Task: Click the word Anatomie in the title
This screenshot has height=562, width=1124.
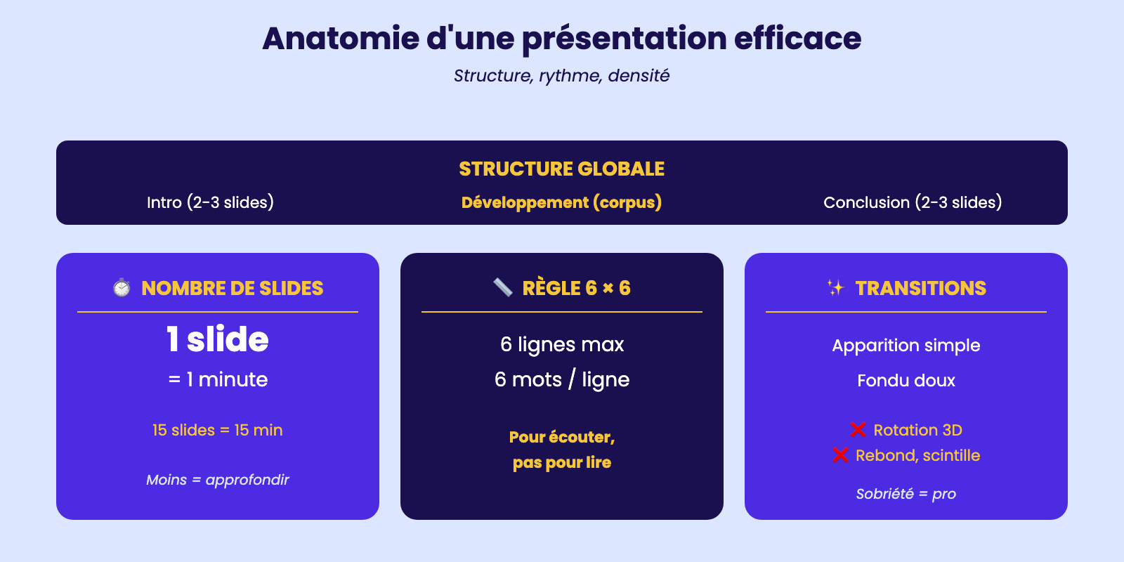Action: click(x=341, y=39)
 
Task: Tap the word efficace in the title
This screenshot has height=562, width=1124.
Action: click(x=798, y=39)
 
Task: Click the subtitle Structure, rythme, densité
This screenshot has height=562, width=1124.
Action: click(x=561, y=76)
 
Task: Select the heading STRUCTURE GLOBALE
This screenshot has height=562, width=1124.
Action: click(x=561, y=169)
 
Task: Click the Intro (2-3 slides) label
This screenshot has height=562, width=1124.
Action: click(x=210, y=202)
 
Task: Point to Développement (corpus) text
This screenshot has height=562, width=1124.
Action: click(x=561, y=202)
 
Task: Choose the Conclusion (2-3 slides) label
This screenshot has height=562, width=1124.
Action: click(x=913, y=202)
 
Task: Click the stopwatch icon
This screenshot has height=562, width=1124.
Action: click(x=122, y=288)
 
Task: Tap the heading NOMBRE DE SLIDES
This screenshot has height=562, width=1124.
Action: click(x=233, y=288)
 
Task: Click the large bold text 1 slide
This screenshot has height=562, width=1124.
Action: click(x=217, y=339)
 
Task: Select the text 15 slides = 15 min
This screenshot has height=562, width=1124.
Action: click(x=217, y=430)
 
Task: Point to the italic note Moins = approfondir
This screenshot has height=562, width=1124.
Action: click(x=217, y=480)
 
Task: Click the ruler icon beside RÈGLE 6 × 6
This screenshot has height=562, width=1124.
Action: click(x=503, y=288)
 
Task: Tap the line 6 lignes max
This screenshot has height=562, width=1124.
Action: click(x=561, y=345)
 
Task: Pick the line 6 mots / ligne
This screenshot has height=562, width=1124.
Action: click(x=561, y=380)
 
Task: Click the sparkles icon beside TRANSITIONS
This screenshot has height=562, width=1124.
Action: click(x=835, y=288)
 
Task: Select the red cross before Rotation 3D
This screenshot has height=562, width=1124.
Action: click(x=858, y=430)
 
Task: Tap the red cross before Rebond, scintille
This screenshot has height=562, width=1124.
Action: click(x=840, y=455)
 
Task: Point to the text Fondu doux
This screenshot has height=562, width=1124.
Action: click(x=906, y=380)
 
